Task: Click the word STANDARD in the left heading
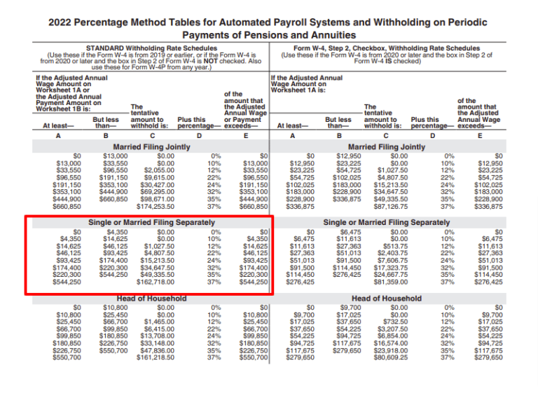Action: click(x=104, y=48)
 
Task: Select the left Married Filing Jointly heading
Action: click(x=149, y=147)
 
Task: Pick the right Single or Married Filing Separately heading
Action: click(x=386, y=223)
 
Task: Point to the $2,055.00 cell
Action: click(x=158, y=169)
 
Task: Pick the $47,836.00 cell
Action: click(x=156, y=350)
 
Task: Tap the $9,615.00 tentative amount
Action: click(x=158, y=177)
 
